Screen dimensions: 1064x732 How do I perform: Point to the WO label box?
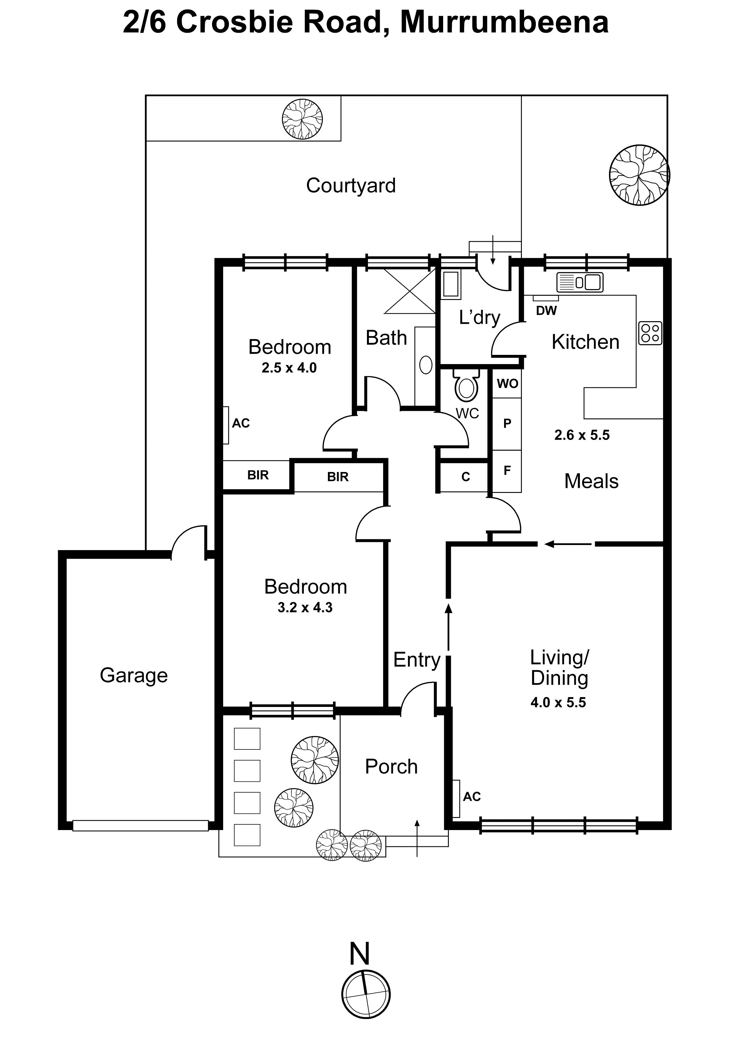click(507, 383)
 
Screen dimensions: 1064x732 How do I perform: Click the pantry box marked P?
click(507, 424)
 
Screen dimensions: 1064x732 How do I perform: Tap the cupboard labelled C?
click(466, 477)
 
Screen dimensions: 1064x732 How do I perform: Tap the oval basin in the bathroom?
click(426, 366)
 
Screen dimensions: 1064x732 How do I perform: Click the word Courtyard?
click(351, 186)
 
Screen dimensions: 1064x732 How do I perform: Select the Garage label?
click(134, 675)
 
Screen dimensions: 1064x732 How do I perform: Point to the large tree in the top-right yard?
click(639, 175)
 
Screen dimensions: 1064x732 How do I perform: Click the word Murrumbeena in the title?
click(504, 23)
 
